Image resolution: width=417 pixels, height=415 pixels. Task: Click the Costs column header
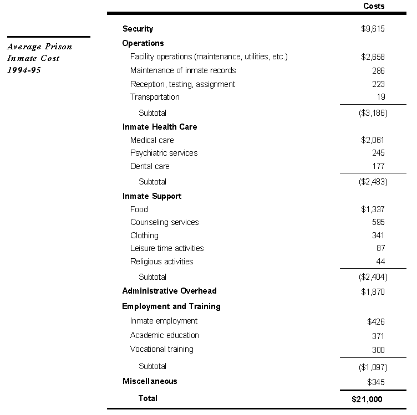coord(373,6)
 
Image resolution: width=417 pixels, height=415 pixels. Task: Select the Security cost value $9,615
coord(373,29)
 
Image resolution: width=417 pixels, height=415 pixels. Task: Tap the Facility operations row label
coord(208,57)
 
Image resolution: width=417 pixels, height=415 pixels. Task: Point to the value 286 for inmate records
coord(378,71)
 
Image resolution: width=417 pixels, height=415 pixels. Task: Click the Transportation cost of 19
coord(380,98)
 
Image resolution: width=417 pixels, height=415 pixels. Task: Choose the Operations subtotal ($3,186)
coord(373,113)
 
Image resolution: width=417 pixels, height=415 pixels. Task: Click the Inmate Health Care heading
coord(160,127)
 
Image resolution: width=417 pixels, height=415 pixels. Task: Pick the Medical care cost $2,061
coord(373,140)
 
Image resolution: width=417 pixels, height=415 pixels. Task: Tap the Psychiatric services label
coord(164,153)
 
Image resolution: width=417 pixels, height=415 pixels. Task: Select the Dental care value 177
coord(378,166)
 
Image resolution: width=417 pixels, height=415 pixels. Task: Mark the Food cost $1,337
coord(373,209)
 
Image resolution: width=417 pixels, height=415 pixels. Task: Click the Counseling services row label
coord(164,222)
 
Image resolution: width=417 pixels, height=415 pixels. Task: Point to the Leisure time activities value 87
coord(380,248)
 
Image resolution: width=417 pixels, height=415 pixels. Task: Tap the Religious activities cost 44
coord(380,262)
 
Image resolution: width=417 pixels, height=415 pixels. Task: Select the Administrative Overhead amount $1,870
coord(373,292)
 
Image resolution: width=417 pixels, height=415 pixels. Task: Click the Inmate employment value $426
coord(375,321)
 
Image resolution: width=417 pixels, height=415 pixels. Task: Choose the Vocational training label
coord(162,349)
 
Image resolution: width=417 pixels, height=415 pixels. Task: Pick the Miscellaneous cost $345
coord(375,382)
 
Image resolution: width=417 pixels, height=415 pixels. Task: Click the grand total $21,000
coord(367,399)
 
